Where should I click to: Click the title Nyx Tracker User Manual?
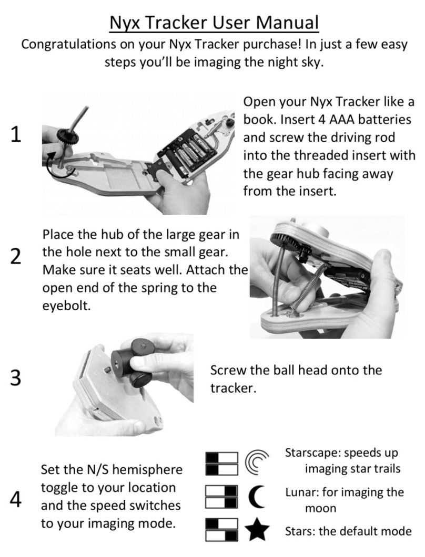tap(214, 23)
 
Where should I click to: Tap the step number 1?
tap(16, 135)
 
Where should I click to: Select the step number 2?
tap(16, 256)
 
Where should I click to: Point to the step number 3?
tap(16, 378)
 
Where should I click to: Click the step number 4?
tap(16, 499)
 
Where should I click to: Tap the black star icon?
tap(257, 529)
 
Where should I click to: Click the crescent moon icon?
tap(257, 497)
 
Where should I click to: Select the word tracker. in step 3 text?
tap(233, 388)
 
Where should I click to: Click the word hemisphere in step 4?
tap(147, 470)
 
